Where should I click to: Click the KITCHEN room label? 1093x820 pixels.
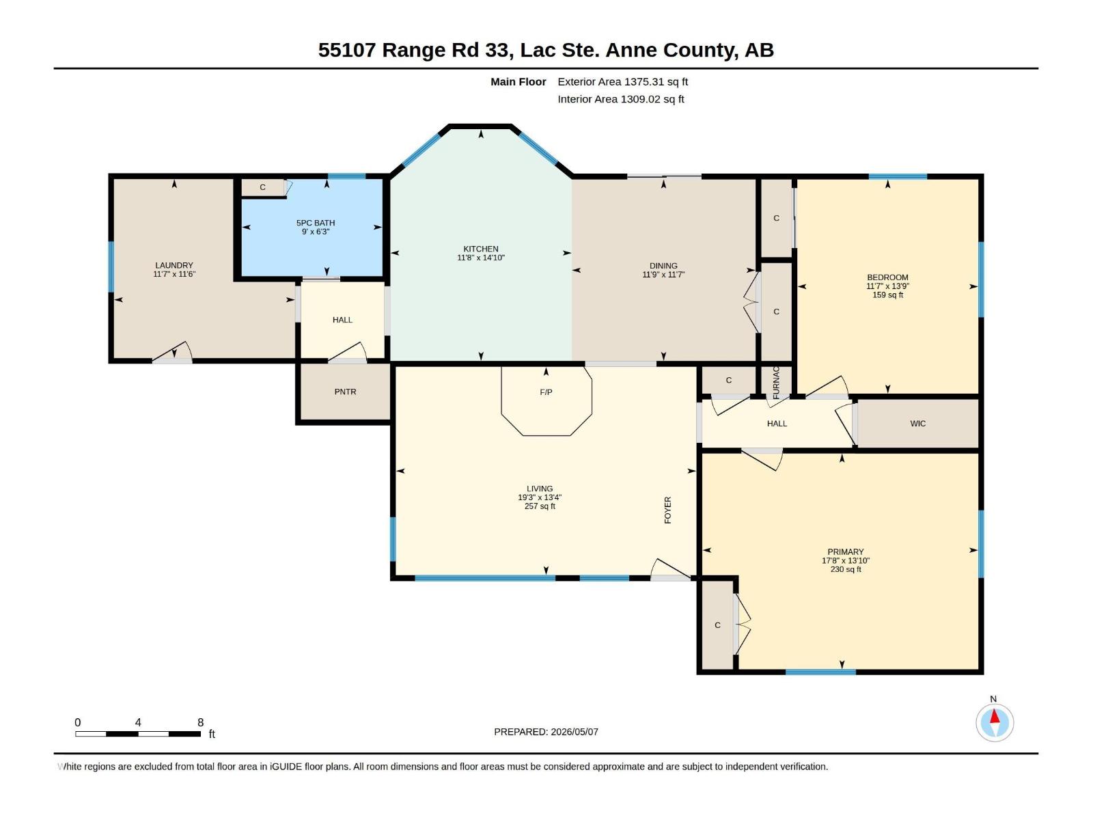click(480, 249)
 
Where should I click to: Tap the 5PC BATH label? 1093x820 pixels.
click(316, 223)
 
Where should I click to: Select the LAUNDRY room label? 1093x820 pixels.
click(174, 265)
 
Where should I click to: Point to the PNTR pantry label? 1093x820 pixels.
click(345, 392)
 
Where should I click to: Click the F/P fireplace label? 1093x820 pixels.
click(546, 392)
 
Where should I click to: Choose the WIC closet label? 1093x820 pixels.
click(917, 424)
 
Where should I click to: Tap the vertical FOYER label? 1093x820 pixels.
click(667, 510)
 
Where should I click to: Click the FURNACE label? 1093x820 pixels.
click(776, 383)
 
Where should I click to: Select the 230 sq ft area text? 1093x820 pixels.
click(846, 569)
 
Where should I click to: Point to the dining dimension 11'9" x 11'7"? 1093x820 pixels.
click(663, 274)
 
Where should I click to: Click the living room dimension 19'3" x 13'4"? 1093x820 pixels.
click(539, 497)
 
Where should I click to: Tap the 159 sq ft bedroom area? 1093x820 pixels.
click(887, 295)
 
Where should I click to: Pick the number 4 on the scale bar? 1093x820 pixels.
click(138, 722)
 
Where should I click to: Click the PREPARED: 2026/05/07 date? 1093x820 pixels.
click(546, 732)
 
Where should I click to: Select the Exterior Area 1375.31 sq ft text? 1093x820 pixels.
click(622, 81)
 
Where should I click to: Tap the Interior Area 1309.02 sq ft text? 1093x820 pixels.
click(620, 99)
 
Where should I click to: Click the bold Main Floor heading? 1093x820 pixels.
click(518, 81)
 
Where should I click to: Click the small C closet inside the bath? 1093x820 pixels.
click(262, 187)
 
